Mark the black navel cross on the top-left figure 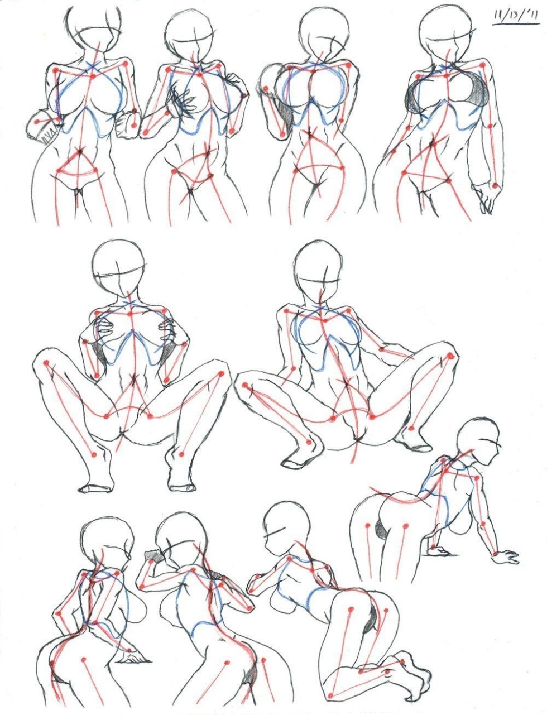pyautogui.click(x=81, y=151)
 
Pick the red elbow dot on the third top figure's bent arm pyautogui.click(x=266, y=89)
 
